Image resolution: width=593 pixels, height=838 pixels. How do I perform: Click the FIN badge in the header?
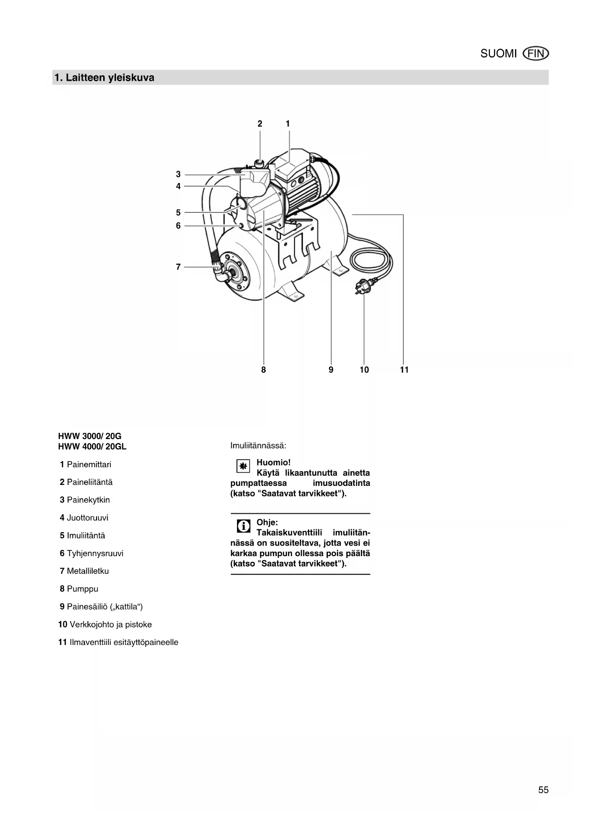pos(536,54)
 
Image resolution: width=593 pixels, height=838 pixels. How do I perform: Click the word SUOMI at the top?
pos(498,54)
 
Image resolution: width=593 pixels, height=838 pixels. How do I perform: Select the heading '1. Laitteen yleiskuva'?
pos(104,78)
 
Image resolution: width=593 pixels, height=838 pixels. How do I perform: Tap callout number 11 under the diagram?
pos(404,370)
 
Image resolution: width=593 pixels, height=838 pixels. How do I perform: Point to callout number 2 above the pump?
pos(260,124)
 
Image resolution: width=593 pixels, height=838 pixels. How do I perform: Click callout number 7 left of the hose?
pos(178,267)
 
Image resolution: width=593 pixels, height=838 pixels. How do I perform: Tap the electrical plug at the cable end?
pos(362,286)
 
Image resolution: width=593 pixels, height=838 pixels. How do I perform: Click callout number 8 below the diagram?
pos(263,370)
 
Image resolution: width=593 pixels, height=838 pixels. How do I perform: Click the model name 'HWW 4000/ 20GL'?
pos(92,447)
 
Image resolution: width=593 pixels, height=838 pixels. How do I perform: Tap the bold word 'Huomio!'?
pos(273,462)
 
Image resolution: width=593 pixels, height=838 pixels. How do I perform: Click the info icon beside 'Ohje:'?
pos(243,526)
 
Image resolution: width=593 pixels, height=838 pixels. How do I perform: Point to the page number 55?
pos(543,790)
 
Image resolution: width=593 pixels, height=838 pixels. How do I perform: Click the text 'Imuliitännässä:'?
pos(258,446)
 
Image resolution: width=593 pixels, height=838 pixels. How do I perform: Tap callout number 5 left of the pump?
pos(178,213)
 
